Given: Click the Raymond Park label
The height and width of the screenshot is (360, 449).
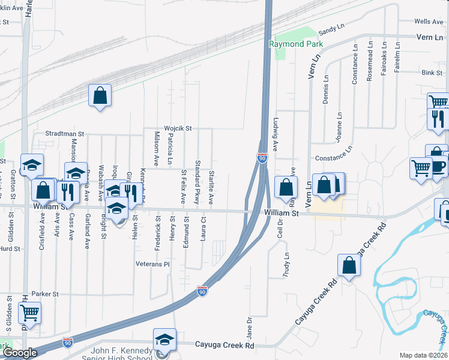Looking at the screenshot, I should click(x=295, y=44).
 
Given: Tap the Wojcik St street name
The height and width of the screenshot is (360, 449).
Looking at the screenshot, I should click(x=179, y=128).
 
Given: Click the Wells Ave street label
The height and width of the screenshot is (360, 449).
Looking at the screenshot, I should click(x=429, y=22).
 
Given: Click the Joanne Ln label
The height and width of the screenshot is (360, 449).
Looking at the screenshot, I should click(x=339, y=125).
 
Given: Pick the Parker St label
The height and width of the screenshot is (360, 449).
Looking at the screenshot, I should click(x=46, y=294).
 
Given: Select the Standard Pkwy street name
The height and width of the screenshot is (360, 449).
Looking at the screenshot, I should click(x=197, y=182).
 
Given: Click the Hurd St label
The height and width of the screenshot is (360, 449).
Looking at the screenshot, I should click(x=10, y=248).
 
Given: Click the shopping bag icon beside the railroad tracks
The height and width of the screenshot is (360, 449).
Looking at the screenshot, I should click(x=100, y=95).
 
